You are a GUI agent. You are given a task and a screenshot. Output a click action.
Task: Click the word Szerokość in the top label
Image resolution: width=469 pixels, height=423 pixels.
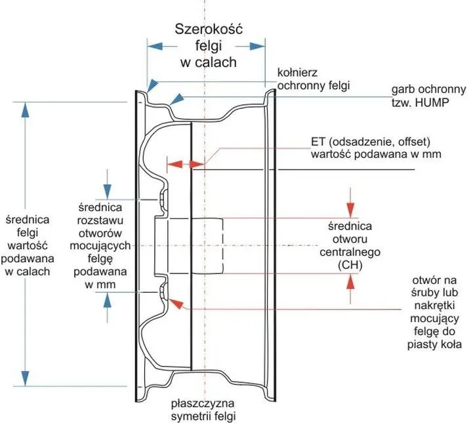tap(209, 30)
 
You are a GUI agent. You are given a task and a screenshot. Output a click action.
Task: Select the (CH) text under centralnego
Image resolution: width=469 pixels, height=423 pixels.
tap(350, 265)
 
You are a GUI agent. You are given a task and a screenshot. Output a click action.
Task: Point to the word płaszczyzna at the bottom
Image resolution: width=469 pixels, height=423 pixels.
tap(203, 403)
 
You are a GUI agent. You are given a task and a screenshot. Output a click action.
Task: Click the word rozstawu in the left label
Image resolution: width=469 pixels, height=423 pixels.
tap(100, 220)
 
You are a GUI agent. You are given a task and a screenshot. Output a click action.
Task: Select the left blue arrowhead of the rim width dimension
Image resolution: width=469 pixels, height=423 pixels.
tap(155, 47)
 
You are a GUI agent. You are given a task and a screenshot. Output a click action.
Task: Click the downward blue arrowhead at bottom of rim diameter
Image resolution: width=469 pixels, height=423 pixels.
tap(26, 378)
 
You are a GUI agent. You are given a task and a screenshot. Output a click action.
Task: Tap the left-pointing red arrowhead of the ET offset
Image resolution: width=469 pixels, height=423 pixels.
tap(174, 164)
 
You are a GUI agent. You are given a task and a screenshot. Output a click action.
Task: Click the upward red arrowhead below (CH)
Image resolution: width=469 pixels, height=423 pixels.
tap(350, 281)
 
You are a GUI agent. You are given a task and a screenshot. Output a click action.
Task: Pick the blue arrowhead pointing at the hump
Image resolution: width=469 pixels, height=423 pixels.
tap(176, 98)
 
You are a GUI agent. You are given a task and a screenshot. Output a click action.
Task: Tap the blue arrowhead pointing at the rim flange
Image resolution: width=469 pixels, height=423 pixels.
tap(153, 85)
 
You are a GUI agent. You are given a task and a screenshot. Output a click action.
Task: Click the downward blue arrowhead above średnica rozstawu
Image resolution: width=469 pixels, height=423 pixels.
tap(107, 191)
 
